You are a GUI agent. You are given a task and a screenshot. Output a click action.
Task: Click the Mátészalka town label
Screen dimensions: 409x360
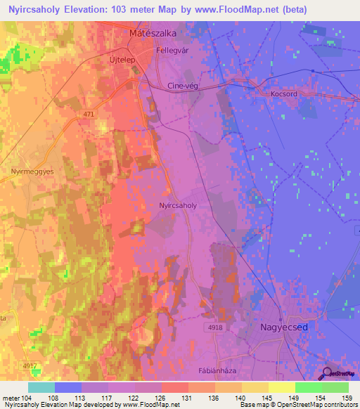[153, 33]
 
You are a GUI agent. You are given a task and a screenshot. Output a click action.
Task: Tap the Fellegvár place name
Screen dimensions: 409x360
[173, 51]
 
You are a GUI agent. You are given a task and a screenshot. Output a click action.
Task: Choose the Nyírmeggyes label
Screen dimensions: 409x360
[27, 171]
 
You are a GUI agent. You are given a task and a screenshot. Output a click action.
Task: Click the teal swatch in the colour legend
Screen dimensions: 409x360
[41, 387]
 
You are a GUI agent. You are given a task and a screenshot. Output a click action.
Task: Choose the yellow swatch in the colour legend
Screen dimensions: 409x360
[281, 387]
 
